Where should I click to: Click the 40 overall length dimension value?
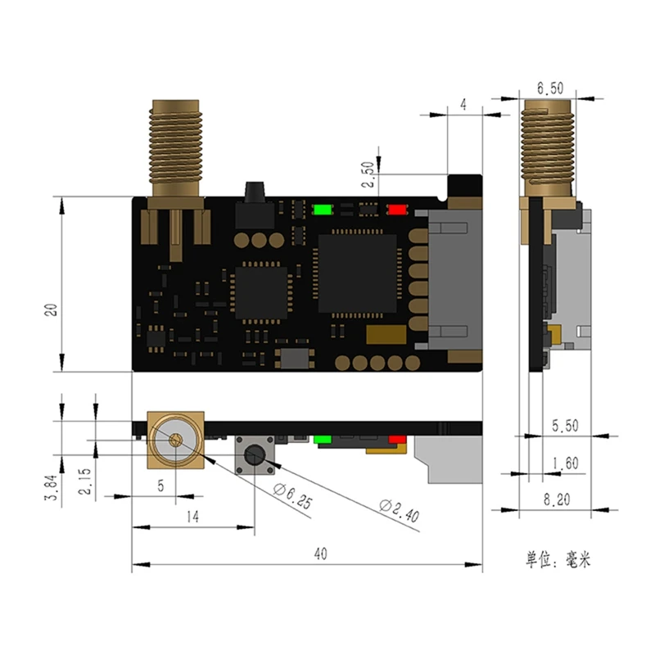point(320,554)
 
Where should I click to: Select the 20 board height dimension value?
point(51,309)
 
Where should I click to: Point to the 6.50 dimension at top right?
point(550,88)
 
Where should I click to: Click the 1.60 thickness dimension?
point(565,463)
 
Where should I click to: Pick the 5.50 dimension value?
point(565,426)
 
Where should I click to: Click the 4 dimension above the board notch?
point(463,105)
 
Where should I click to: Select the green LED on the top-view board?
point(322,209)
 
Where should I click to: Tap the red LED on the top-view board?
point(397,209)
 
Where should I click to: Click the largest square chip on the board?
point(357,273)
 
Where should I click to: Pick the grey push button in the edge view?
point(255,455)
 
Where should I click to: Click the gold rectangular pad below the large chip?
point(386,335)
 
